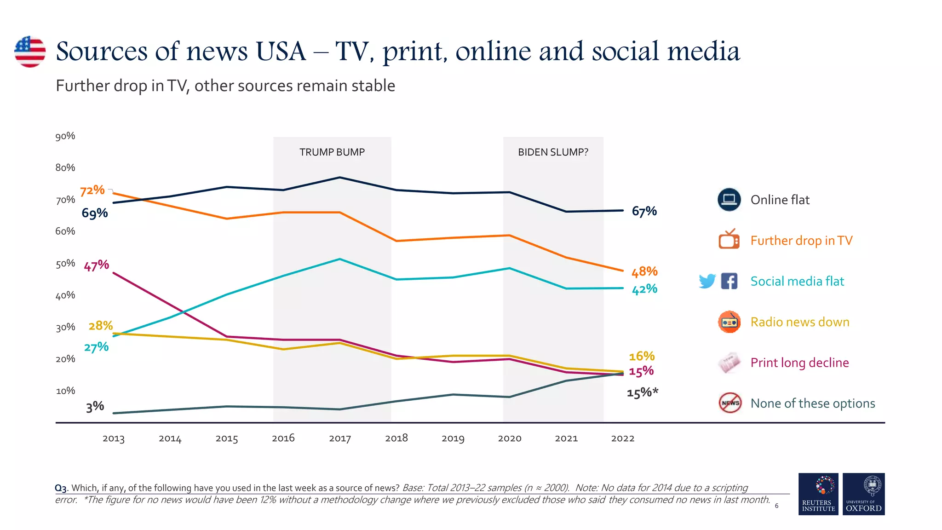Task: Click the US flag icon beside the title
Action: (30, 52)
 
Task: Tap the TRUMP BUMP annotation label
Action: (332, 152)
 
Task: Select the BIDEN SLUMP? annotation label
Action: (553, 152)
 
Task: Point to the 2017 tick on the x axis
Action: (340, 438)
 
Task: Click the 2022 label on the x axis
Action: (622, 438)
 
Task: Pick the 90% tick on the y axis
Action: (65, 136)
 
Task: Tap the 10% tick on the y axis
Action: (65, 391)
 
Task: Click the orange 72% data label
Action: (92, 190)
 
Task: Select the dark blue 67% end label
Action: (644, 211)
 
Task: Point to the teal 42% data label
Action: (644, 289)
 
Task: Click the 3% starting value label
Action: (95, 407)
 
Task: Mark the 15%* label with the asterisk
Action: (643, 393)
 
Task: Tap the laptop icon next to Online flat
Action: (729, 200)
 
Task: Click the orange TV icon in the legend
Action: (729, 239)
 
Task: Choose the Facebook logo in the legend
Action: (729, 281)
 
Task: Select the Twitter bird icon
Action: (707, 281)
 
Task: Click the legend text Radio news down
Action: (799, 322)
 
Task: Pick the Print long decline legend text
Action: (799, 363)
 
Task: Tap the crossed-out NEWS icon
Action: (730, 403)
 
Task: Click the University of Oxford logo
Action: (863, 494)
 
